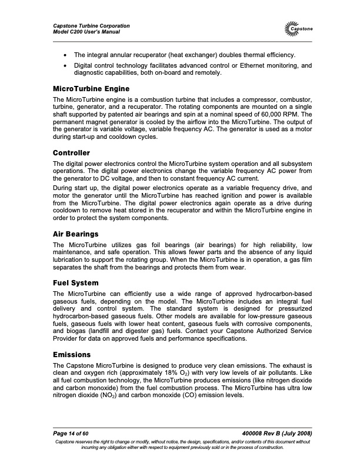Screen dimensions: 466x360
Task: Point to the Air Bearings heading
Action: tap(75, 234)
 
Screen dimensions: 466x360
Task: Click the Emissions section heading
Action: tap(71, 355)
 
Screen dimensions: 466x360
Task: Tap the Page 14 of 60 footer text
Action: tap(72, 433)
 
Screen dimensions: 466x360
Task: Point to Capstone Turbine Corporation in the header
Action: tap(91, 26)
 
